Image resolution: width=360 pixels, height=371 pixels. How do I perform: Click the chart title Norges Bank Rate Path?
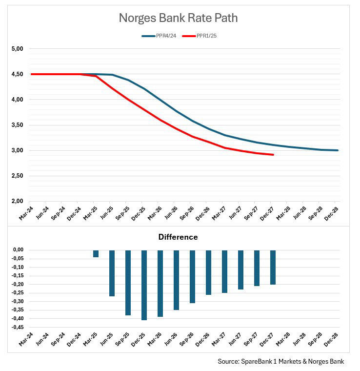click(x=178, y=19)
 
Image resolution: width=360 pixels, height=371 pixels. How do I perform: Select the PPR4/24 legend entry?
click(x=159, y=36)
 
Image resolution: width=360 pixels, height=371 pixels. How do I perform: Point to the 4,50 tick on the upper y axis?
click(x=18, y=74)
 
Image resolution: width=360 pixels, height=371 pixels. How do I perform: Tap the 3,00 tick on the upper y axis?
click(x=18, y=150)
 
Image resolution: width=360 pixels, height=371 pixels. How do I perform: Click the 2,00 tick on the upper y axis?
click(x=18, y=201)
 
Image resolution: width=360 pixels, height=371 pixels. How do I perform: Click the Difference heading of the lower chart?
click(x=178, y=237)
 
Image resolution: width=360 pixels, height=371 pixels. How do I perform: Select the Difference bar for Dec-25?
click(x=144, y=285)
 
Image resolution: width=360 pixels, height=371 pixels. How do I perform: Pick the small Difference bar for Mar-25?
click(x=96, y=253)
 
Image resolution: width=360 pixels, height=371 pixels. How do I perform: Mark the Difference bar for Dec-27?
click(x=273, y=267)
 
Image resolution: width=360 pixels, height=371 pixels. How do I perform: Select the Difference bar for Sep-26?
click(x=192, y=276)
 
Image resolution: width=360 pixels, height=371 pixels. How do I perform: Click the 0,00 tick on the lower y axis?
click(x=18, y=250)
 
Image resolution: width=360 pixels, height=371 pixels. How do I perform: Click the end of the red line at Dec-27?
click(x=273, y=155)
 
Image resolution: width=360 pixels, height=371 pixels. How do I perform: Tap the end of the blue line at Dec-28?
click(x=338, y=150)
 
